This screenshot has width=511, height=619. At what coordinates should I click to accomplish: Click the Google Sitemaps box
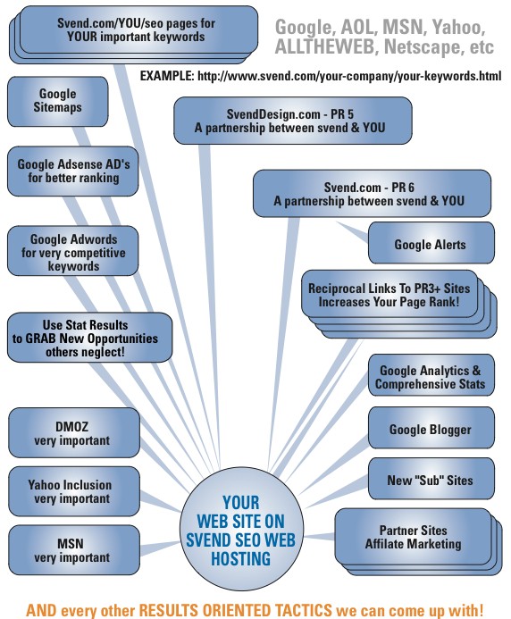coord(58,102)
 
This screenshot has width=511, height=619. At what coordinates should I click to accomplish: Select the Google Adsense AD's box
coord(73,171)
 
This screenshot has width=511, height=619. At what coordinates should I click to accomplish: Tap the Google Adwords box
coord(73,251)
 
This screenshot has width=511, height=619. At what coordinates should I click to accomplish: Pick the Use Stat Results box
coord(90,338)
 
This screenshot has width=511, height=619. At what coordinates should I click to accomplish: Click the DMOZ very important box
coord(74,433)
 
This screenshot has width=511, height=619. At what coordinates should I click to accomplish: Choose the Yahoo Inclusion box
coord(74,491)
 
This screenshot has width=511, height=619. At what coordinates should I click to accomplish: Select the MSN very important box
coord(74,550)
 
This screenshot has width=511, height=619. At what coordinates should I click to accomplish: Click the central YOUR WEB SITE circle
coord(242,530)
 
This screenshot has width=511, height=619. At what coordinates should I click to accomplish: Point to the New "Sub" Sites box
coord(431,479)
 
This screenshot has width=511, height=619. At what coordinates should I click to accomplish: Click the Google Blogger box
coord(431,428)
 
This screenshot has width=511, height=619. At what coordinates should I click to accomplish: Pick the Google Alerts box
coord(431,243)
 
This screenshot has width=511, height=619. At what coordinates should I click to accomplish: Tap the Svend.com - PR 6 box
coord(372,194)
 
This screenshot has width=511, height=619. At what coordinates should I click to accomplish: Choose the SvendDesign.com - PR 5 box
coord(293,121)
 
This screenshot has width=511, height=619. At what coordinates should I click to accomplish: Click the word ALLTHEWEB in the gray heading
coord(324,47)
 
